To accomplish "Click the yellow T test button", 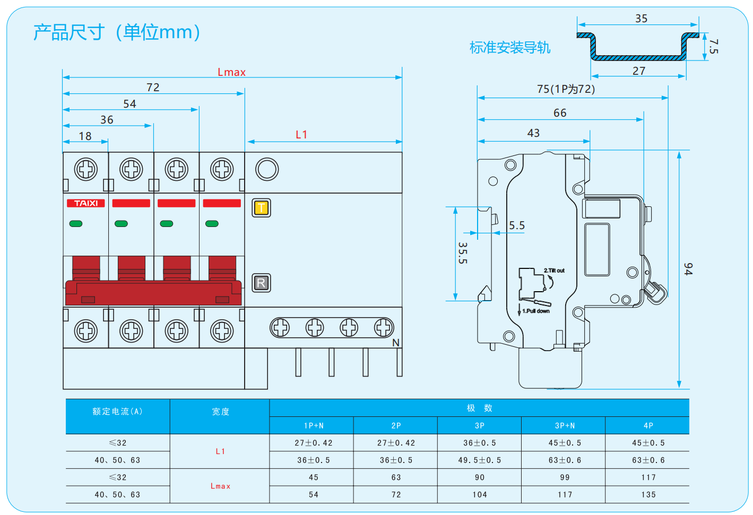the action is (261, 207).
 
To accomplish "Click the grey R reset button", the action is (261, 283).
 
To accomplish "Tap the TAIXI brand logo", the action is (86, 203).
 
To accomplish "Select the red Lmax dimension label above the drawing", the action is (231, 72).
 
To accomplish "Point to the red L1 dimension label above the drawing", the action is (301, 135).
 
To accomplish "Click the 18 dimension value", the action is (85, 136).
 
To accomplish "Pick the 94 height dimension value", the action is (688, 269).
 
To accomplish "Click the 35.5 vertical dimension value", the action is (463, 253).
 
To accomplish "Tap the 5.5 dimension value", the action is (517, 225).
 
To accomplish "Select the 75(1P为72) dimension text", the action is (566, 89).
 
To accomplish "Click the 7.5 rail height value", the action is (713, 46).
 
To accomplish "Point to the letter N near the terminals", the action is (396, 343).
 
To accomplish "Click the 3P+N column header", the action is (565, 426).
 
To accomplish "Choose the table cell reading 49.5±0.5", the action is (479, 460).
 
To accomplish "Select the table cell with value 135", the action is (648, 494).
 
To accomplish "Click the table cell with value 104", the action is (479, 494).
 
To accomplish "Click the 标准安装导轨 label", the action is (509, 48).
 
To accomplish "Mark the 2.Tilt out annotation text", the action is (554, 270).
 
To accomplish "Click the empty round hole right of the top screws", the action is (267, 169).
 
